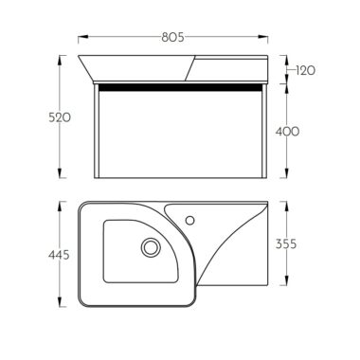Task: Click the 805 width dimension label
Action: pyautogui.click(x=172, y=37)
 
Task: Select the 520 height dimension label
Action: pyautogui.click(x=60, y=117)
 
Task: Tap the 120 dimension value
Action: pyautogui.click(x=306, y=70)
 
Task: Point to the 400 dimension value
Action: pyautogui.click(x=287, y=132)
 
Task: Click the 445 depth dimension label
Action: pyautogui.click(x=59, y=255)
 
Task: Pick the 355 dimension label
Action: pyautogui.click(x=286, y=243)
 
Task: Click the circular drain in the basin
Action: pyautogui.click(x=151, y=247)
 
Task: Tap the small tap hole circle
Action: pyautogui.click(x=189, y=220)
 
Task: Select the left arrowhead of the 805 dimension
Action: pyautogui.click(x=82, y=37)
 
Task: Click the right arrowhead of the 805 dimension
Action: pyautogui.click(x=263, y=37)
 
